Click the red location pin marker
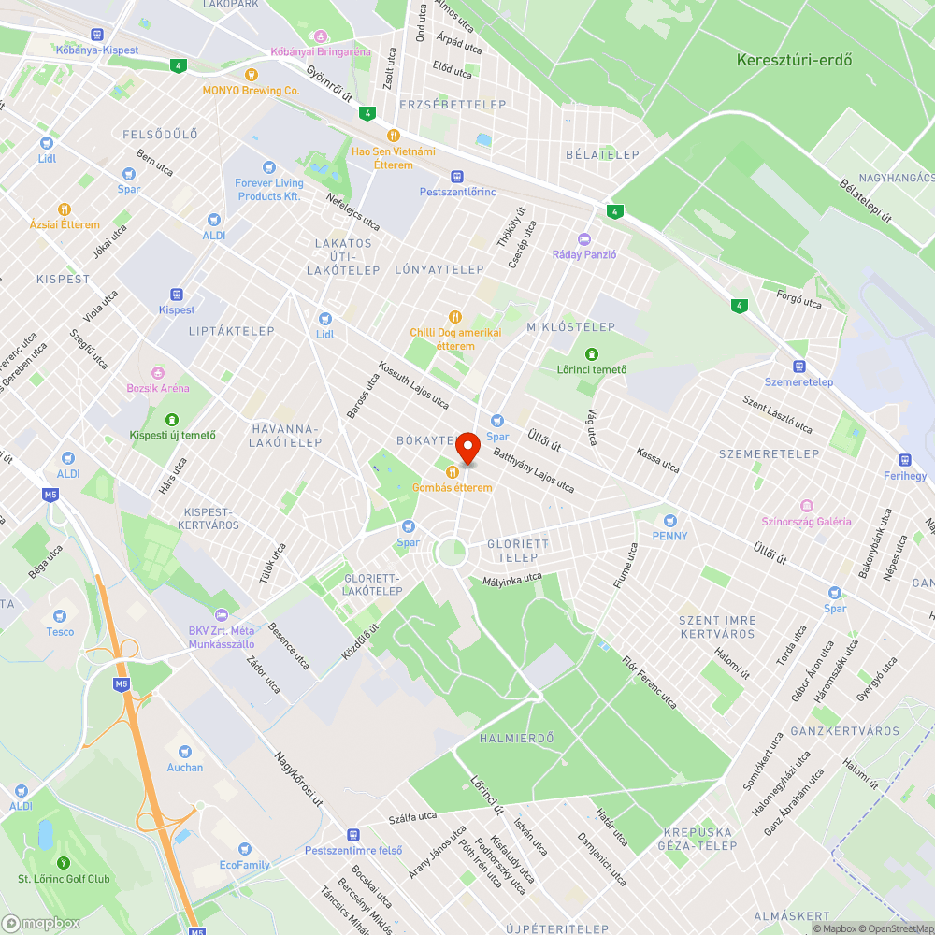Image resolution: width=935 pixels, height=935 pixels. (x=467, y=447)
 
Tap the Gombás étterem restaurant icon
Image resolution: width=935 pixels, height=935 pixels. (x=453, y=472)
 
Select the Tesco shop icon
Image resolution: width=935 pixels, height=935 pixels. (x=60, y=616)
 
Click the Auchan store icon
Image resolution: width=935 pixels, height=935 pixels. (x=184, y=752)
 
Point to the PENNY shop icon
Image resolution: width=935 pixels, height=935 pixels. (x=669, y=521)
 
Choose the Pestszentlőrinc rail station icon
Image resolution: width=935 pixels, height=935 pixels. (x=457, y=176)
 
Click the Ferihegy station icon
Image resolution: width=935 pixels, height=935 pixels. (x=904, y=460)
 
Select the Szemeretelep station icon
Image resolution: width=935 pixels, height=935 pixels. (x=798, y=366)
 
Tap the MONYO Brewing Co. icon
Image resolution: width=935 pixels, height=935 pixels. (x=251, y=75)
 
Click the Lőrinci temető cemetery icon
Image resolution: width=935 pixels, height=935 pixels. (x=591, y=354)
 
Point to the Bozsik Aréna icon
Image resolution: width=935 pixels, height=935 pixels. (x=158, y=372)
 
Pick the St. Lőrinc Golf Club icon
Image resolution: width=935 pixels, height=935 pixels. (x=64, y=863)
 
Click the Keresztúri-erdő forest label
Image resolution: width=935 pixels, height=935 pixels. (x=794, y=60)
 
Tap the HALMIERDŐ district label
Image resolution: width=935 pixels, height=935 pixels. (x=516, y=738)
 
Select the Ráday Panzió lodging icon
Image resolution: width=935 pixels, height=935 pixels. (x=585, y=239)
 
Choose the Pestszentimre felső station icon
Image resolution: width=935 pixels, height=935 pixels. (x=352, y=834)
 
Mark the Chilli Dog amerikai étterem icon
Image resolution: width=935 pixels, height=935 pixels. (x=455, y=317)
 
